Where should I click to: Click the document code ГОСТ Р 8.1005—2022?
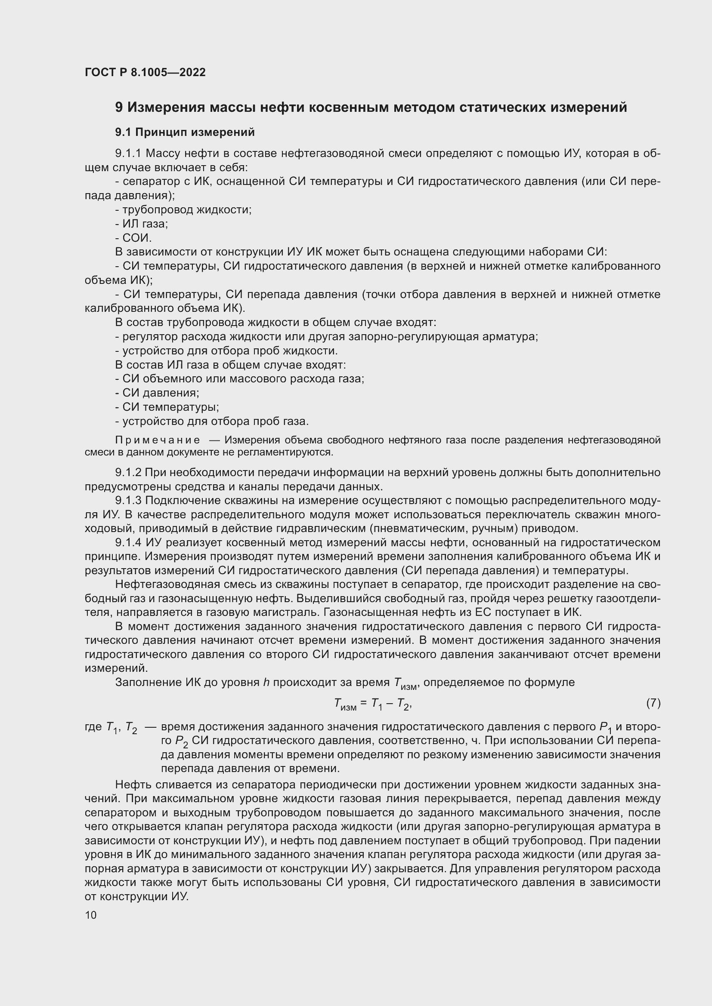[x=145, y=73]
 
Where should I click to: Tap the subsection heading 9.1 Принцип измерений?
[x=185, y=132]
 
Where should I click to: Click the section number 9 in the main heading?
[x=119, y=108]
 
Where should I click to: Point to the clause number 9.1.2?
[x=128, y=473]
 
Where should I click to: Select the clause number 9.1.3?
[x=128, y=500]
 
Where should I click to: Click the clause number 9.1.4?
[x=128, y=542]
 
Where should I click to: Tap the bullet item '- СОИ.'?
[x=133, y=238]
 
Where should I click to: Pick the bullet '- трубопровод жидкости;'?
[x=183, y=210]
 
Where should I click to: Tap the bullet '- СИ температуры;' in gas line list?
[x=167, y=407]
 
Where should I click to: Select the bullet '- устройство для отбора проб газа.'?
[x=212, y=421]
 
